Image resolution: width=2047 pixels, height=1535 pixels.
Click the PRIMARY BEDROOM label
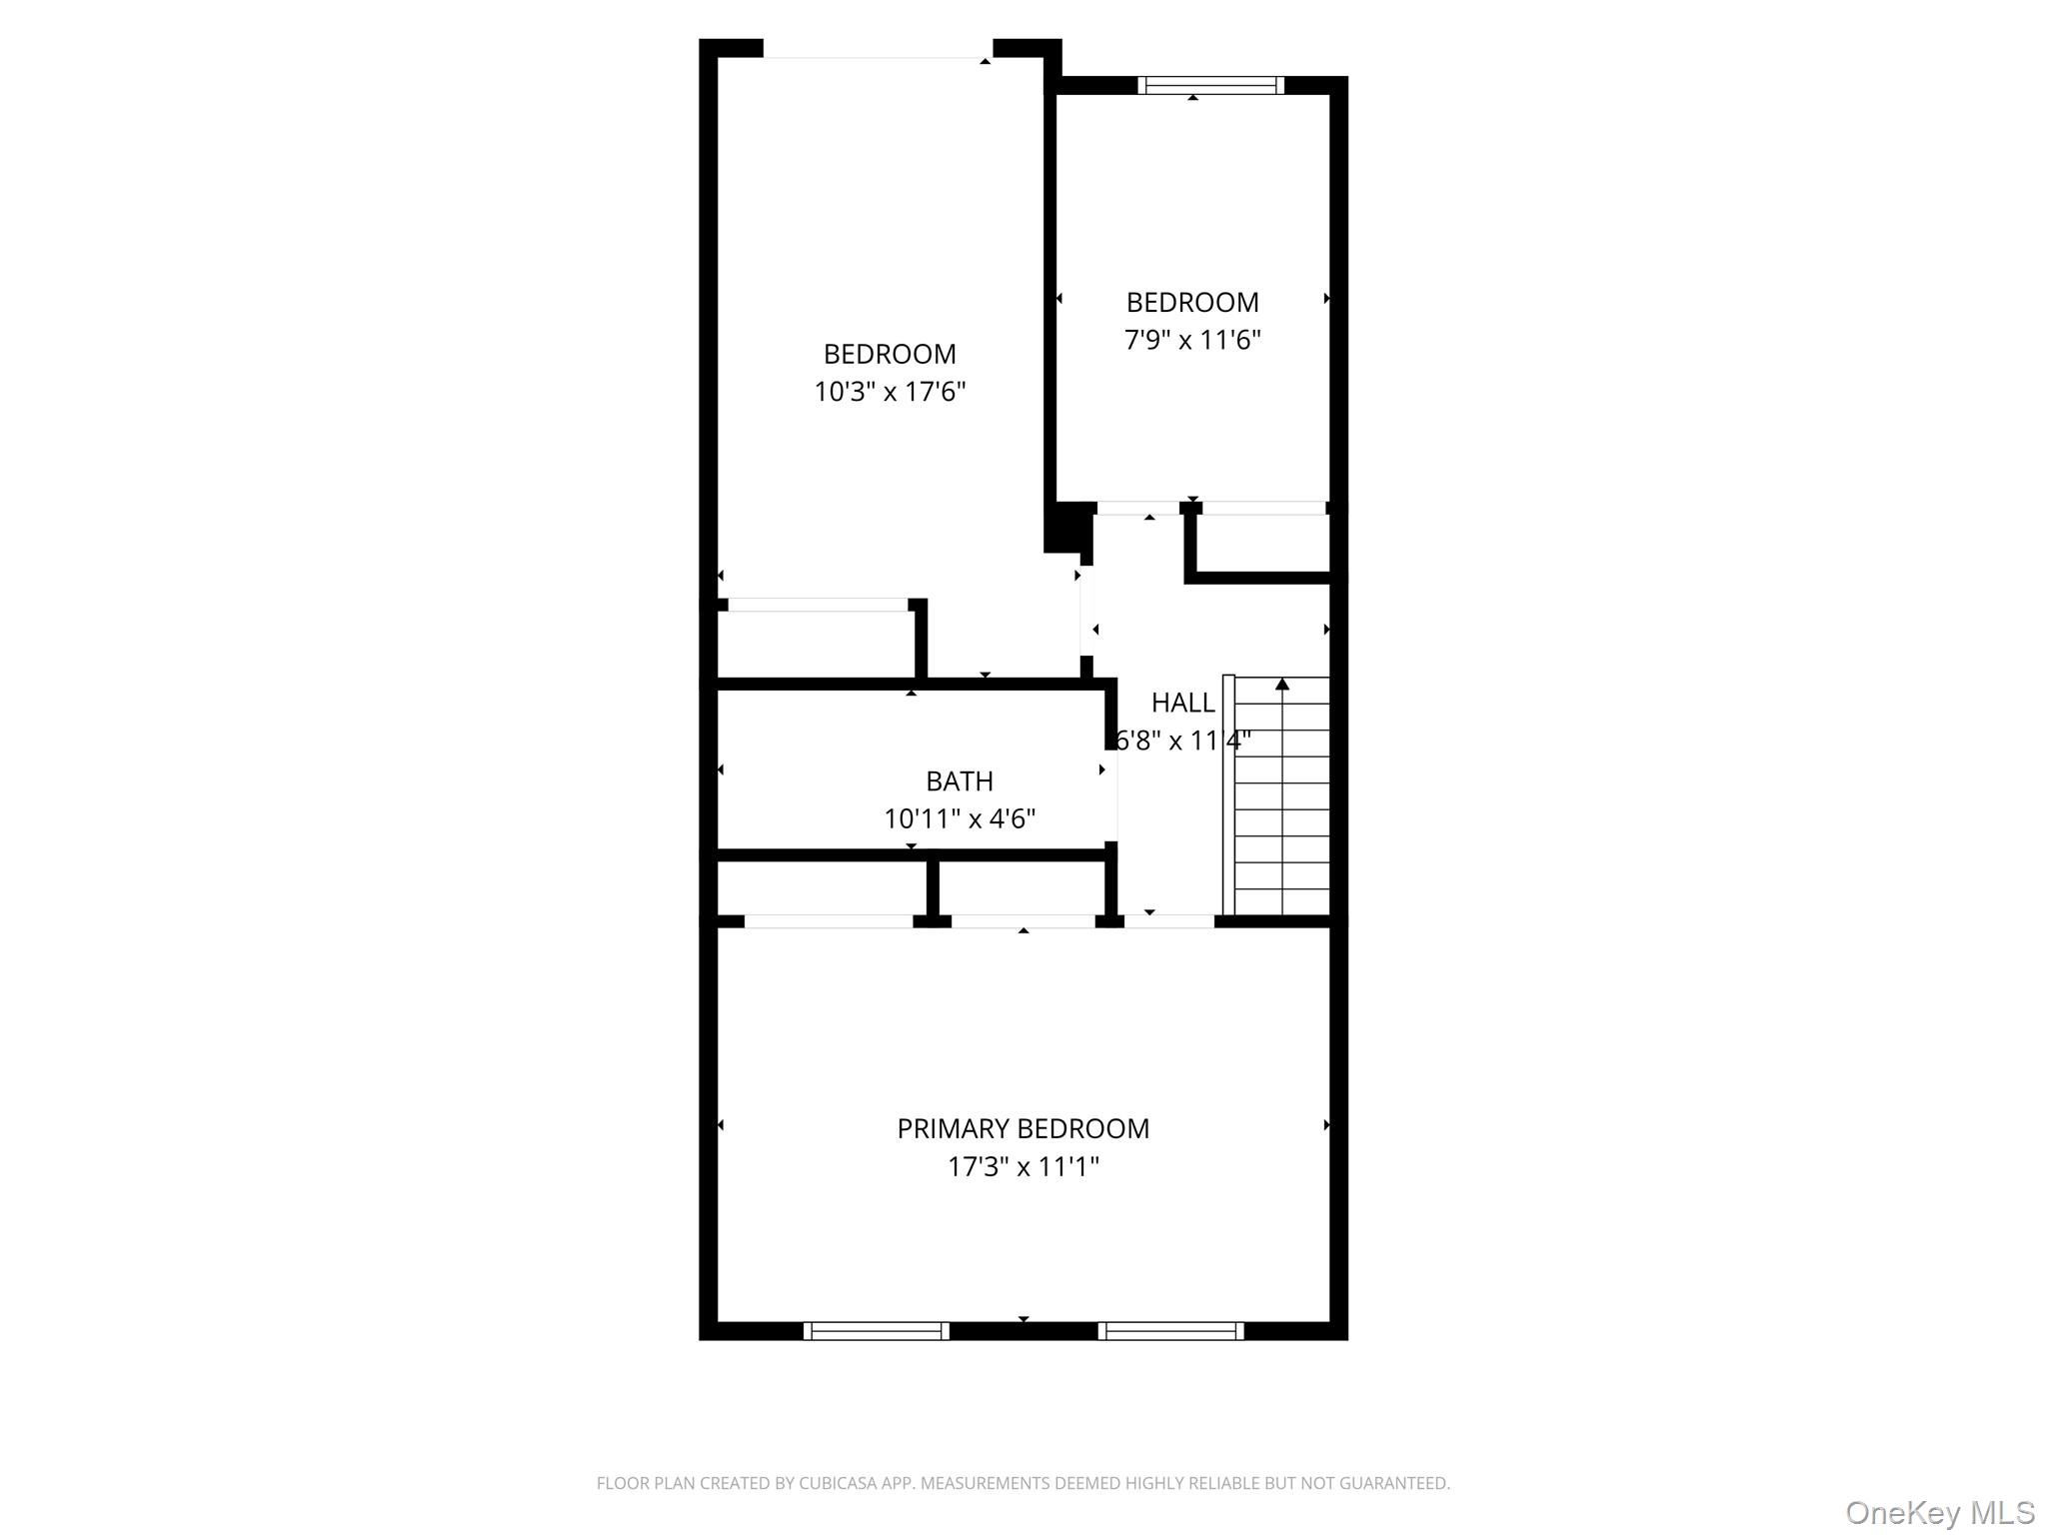click(x=1023, y=1128)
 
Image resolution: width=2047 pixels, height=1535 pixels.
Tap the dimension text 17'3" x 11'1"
click(x=1023, y=1166)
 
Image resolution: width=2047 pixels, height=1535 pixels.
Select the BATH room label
click(x=959, y=780)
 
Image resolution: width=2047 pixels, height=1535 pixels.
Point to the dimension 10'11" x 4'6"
click(x=959, y=818)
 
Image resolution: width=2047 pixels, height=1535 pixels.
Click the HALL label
click(x=1182, y=703)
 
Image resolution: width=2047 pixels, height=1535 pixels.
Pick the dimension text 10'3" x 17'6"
click(x=889, y=391)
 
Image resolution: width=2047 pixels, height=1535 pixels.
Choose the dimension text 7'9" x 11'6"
click(x=1191, y=340)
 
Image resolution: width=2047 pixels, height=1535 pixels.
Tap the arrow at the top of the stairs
click(x=1282, y=685)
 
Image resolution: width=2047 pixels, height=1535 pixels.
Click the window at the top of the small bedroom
click(x=1210, y=86)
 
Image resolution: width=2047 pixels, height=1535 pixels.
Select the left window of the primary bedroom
click(x=876, y=1330)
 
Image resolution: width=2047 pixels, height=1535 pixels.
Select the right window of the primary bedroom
click(x=1170, y=1330)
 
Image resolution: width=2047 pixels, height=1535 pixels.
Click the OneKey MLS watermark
click(x=1939, y=1512)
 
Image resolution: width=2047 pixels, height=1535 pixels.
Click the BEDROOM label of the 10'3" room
click(x=889, y=354)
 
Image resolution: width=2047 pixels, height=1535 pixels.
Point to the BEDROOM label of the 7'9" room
click(x=1191, y=302)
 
